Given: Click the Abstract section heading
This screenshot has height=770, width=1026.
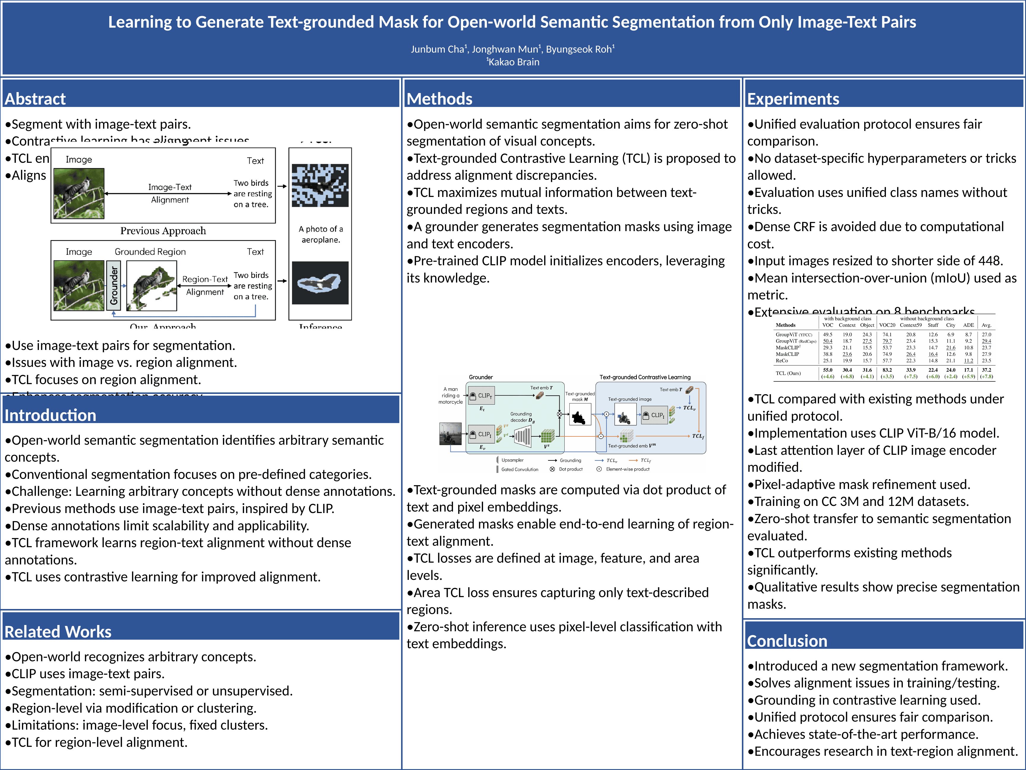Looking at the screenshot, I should [35, 99].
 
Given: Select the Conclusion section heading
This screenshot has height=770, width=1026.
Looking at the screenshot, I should [787, 641].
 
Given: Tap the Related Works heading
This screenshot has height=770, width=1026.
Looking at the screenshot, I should [58, 632].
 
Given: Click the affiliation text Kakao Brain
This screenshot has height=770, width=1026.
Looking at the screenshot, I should [514, 62].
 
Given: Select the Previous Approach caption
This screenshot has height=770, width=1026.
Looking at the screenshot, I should [163, 231].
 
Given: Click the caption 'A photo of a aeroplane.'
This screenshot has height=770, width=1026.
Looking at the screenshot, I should [321, 234].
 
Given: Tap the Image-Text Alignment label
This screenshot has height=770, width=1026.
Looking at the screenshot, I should [170, 193].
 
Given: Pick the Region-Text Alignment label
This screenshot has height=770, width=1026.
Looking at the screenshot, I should [205, 285].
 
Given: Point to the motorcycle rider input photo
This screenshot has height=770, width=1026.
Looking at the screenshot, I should [450, 433].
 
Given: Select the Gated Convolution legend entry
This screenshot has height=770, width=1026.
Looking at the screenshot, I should [519, 469].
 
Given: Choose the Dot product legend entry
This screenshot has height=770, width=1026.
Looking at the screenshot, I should [570, 469].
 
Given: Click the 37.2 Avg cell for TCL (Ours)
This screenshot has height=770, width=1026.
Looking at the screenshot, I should [986, 370].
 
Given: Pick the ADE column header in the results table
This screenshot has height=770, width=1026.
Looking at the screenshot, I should [968, 325].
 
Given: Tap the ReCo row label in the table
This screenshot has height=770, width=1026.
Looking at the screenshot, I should [782, 361].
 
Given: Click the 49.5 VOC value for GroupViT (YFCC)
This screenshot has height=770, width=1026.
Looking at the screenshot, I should [827, 334].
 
